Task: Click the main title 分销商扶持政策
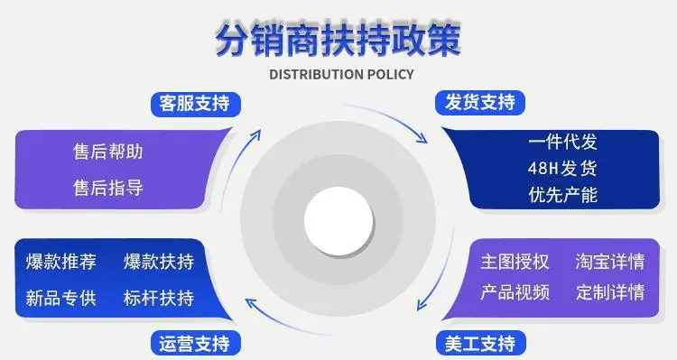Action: pyautogui.click(x=338, y=40)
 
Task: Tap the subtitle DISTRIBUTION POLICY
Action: pyautogui.click(x=341, y=74)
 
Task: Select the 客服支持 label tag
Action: pyautogui.click(x=196, y=104)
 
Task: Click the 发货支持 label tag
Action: pyautogui.click(x=480, y=103)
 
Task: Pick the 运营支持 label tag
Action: pyautogui.click(x=196, y=344)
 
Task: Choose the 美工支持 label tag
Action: pyautogui.click(x=480, y=344)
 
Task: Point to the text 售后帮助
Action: pyautogui.click(x=108, y=152)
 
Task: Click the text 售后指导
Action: pyautogui.click(x=108, y=188)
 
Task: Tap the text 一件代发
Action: pyautogui.click(x=562, y=142)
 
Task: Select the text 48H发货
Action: pyautogui.click(x=562, y=168)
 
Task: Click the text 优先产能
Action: pyautogui.click(x=562, y=195)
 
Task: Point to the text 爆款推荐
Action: pyautogui.click(x=60, y=262)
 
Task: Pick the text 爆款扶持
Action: pyautogui.click(x=159, y=262)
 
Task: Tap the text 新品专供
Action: pyautogui.click(x=60, y=298)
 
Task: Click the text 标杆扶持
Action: pyautogui.click(x=159, y=298)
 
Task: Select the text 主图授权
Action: pyautogui.click(x=515, y=262)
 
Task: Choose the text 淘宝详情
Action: pyautogui.click(x=610, y=262)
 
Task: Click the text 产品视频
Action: pyautogui.click(x=515, y=292)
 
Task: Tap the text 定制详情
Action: pyautogui.click(x=610, y=292)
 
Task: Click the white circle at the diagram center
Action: pyautogui.click(x=338, y=220)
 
